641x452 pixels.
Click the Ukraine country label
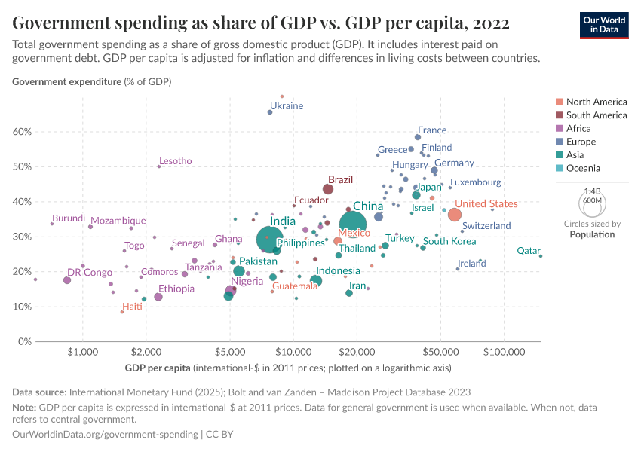pos(287,106)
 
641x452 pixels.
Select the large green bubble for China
pos(357,224)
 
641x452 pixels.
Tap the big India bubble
pos(269,240)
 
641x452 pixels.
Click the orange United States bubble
pos(455,215)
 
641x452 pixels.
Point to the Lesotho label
pos(175,161)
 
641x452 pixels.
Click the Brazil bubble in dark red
pos(328,189)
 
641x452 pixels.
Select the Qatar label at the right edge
pos(528,251)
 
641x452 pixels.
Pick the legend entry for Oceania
pos(595,169)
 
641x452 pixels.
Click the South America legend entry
pos(596,115)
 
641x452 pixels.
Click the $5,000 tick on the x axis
pos(229,352)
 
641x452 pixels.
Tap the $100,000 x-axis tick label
pos(504,352)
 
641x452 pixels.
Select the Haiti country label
pos(132,307)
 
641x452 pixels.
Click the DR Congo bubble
pos(67,280)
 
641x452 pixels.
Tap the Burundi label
pos(69,218)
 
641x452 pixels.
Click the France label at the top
pos(432,130)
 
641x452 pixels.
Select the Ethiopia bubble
pos(158,297)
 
